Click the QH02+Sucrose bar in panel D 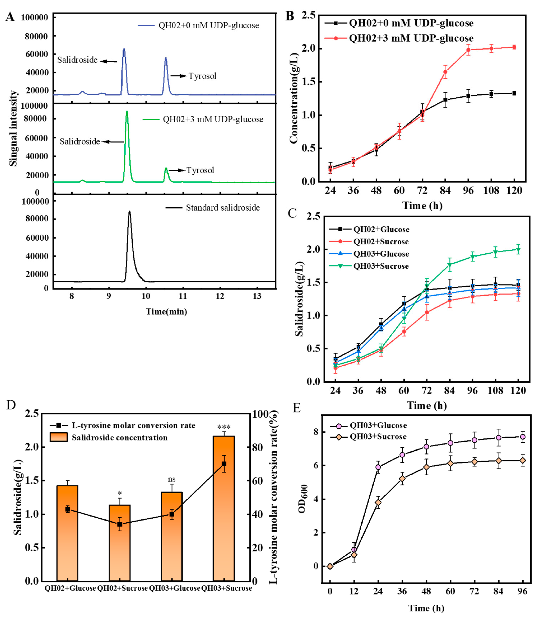point(120,551)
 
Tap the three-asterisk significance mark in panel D point(224,427)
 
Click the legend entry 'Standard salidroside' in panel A point(222,208)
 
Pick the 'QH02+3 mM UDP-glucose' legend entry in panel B point(411,38)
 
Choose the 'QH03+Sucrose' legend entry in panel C point(381,266)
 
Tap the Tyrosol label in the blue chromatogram point(202,76)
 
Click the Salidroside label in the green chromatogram point(80,141)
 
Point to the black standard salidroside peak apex point(130,212)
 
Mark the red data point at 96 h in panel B point(468,50)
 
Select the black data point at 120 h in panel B point(514,93)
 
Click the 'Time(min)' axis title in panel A point(166,311)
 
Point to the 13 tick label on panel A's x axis point(257,296)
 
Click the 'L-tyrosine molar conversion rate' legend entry point(133,425)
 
